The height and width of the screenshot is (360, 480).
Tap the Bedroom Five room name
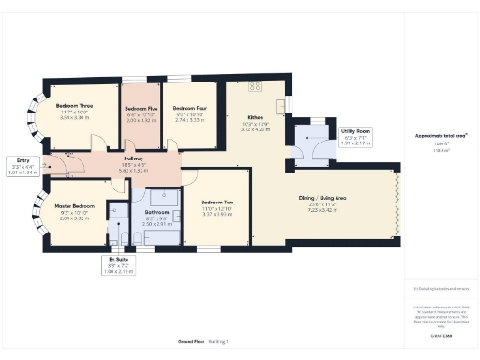coord(141,109)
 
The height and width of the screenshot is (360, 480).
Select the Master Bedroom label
coord(73,205)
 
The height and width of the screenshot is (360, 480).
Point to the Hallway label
coord(134,159)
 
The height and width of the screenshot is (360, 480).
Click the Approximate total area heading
coord(439,136)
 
